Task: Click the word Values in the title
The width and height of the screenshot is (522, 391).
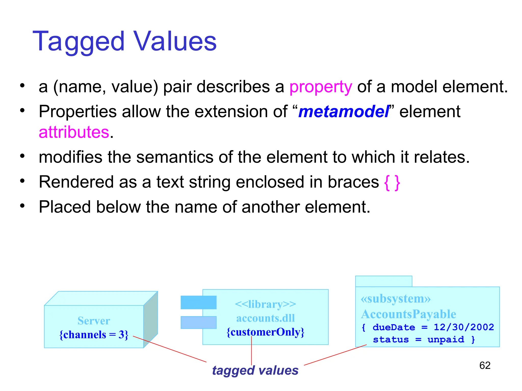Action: (x=175, y=41)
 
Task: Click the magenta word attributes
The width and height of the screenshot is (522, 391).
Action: (x=74, y=132)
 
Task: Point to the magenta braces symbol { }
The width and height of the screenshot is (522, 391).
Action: (x=392, y=182)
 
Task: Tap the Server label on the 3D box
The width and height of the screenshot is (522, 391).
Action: (x=94, y=321)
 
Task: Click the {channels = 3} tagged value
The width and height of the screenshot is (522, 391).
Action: (x=94, y=334)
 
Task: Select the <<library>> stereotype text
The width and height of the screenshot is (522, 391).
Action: (x=265, y=304)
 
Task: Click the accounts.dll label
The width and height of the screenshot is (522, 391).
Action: (x=265, y=318)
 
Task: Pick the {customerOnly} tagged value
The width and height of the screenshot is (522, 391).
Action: (x=265, y=332)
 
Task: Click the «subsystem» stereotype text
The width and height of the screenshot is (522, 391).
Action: (x=396, y=299)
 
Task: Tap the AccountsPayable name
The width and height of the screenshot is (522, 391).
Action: (x=409, y=314)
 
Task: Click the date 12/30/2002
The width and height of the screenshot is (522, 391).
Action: (x=464, y=327)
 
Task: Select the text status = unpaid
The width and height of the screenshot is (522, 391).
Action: (x=418, y=340)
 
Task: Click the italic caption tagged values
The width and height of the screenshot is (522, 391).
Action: (x=255, y=371)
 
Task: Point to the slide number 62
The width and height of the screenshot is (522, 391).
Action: (x=485, y=366)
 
